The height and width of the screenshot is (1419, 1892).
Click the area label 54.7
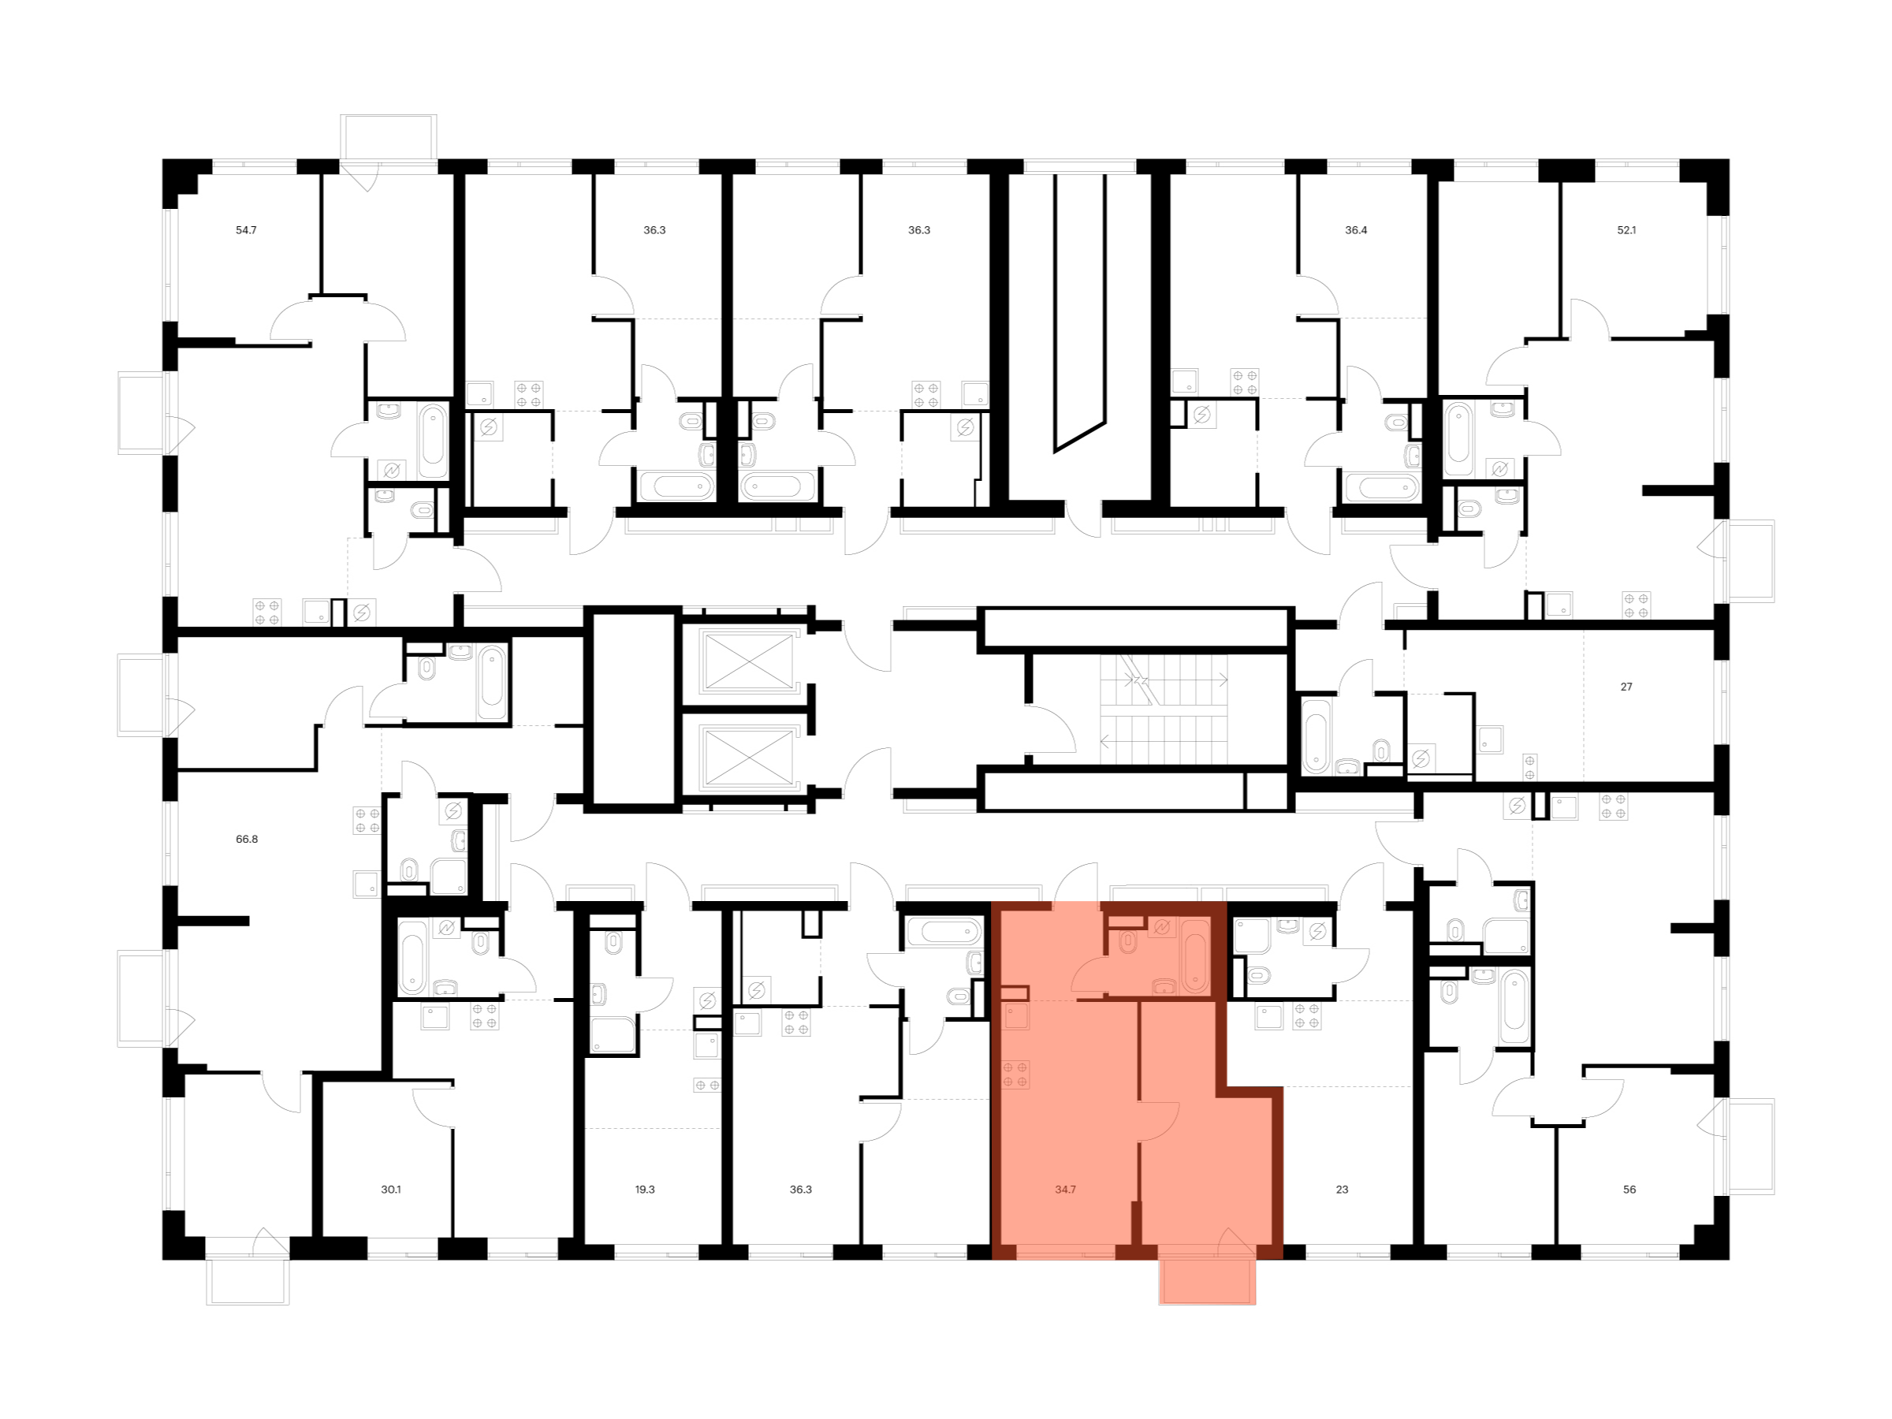pyautogui.click(x=246, y=230)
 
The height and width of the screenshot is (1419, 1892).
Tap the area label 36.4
pyautogui.click(x=1356, y=230)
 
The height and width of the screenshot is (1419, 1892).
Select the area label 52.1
pyautogui.click(x=1626, y=230)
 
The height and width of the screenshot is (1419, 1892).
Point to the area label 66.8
pyautogui.click(x=246, y=839)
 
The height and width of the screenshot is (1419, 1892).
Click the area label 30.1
pyautogui.click(x=391, y=1189)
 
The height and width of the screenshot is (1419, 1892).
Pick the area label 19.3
pyautogui.click(x=645, y=1189)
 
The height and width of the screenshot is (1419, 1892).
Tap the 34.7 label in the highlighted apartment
pyautogui.click(x=1065, y=1189)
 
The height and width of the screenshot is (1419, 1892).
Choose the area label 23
pyautogui.click(x=1342, y=1189)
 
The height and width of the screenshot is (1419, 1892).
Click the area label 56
pyautogui.click(x=1629, y=1189)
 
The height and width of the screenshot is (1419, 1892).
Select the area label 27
pyautogui.click(x=1626, y=686)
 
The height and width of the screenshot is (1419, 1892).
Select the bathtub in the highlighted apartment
pyautogui.click(x=1195, y=955)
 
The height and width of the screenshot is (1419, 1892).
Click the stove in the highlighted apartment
pyautogui.click(x=1016, y=1074)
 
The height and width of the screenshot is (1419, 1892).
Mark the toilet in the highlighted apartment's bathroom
pyautogui.click(x=1127, y=942)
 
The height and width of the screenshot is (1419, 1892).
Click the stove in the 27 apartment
pyautogui.click(x=1529, y=767)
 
